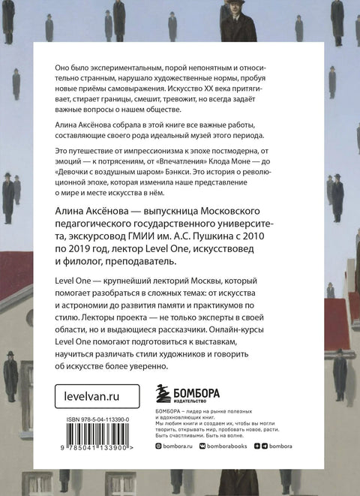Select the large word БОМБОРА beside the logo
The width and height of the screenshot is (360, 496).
[205, 390]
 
